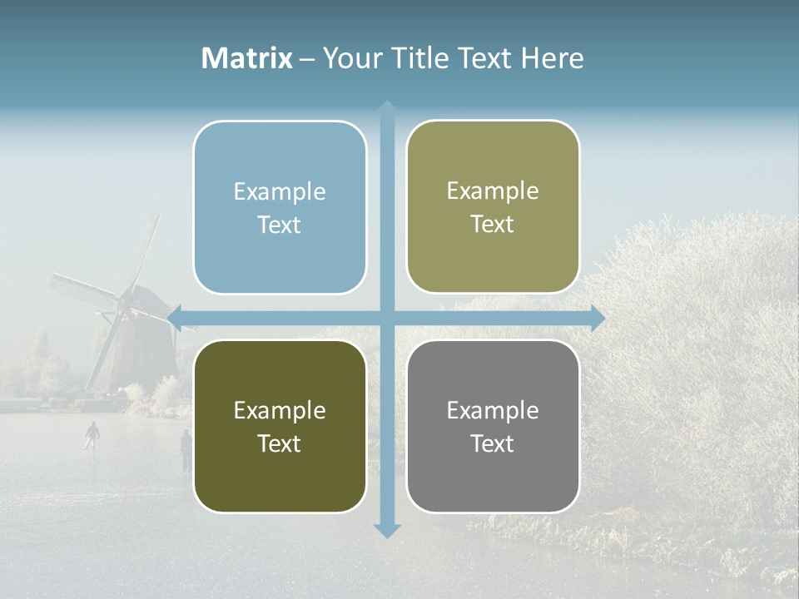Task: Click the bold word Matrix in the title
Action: tap(247, 58)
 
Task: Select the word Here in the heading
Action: tap(552, 58)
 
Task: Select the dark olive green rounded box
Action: tap(280, 483)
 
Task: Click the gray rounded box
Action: tap(493, 483)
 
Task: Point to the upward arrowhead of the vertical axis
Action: tap(387, 107)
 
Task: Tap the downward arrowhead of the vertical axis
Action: tap(387, 530)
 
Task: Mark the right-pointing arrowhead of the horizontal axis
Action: tap(597, 318)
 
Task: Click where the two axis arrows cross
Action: tap(387, 318)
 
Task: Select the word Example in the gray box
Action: tap(493, 410)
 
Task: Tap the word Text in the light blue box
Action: tap(280, 225)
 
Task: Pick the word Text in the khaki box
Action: tap(493, 224)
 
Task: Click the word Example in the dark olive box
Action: tap(280, 410)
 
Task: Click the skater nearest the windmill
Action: tap(92, 433)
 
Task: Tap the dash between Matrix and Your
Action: tap(307, 59)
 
